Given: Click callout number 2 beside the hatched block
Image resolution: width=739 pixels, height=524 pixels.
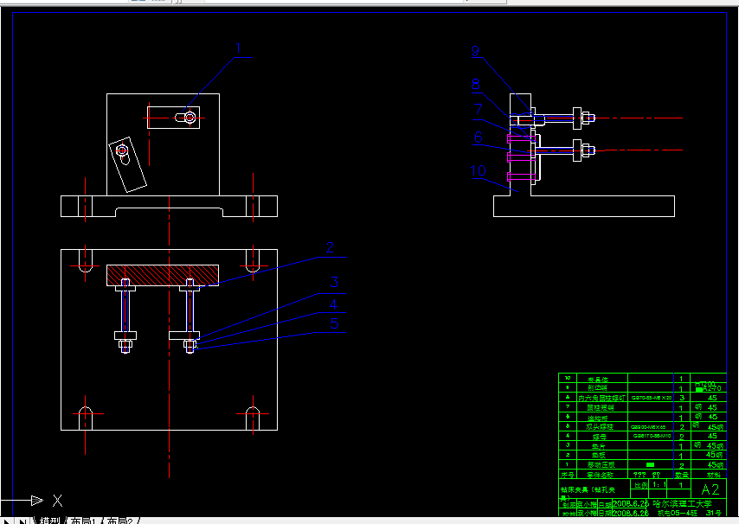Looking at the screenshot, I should (330, 248).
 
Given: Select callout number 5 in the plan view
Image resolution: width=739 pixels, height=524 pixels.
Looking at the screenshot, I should (335, 323).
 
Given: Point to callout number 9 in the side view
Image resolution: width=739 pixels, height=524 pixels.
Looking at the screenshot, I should (476, 52).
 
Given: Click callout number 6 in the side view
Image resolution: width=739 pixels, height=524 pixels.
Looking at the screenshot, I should (478, 137).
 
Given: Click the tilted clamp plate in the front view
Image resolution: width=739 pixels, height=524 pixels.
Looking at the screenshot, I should (127, 163).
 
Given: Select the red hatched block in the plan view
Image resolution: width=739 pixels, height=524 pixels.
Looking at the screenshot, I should (161, 275).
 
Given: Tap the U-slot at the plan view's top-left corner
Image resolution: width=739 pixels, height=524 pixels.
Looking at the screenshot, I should (85, 260).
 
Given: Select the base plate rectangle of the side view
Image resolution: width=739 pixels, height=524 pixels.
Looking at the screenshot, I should (583, 206).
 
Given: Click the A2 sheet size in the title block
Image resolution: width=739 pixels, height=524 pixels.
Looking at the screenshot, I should (710, 489).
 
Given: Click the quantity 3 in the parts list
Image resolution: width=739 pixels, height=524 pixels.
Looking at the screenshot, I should (682, 398).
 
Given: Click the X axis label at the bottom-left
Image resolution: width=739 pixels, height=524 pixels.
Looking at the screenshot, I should (57, 500).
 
